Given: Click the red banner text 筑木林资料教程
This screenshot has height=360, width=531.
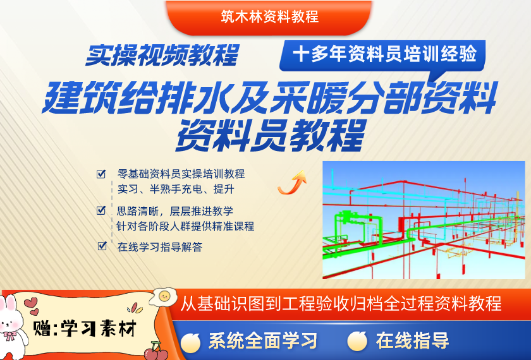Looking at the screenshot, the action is point(269,16).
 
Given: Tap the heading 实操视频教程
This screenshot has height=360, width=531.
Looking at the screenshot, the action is point(162,55).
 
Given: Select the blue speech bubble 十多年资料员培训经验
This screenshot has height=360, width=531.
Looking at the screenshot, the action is point(382,56).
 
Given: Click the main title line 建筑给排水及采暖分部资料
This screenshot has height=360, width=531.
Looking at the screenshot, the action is point(269,97).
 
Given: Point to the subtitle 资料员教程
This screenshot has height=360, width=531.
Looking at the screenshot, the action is point(271,135).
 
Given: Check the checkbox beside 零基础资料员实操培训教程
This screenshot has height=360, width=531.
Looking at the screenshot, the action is point(101,174).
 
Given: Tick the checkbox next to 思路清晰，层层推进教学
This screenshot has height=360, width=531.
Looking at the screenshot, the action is point(101,210).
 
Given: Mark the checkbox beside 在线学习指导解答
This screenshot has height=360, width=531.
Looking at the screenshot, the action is point(102,246).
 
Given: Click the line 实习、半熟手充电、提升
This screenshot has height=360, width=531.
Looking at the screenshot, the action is point(176,189).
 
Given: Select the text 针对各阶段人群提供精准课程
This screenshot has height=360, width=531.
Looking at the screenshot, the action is point(185,226).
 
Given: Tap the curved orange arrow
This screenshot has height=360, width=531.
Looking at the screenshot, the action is point(292,183).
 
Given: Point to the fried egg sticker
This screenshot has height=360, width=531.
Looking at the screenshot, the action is point(164,297).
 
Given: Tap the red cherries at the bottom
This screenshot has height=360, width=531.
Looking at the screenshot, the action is point(156,352).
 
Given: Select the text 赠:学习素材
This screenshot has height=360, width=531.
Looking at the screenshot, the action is point(85,328).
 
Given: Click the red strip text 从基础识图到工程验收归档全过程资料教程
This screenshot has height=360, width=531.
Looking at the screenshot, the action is point(341,304).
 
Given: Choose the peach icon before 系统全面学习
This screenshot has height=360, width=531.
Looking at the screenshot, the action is point(191,342).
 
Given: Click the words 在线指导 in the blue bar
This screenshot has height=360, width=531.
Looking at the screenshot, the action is point(412,341).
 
